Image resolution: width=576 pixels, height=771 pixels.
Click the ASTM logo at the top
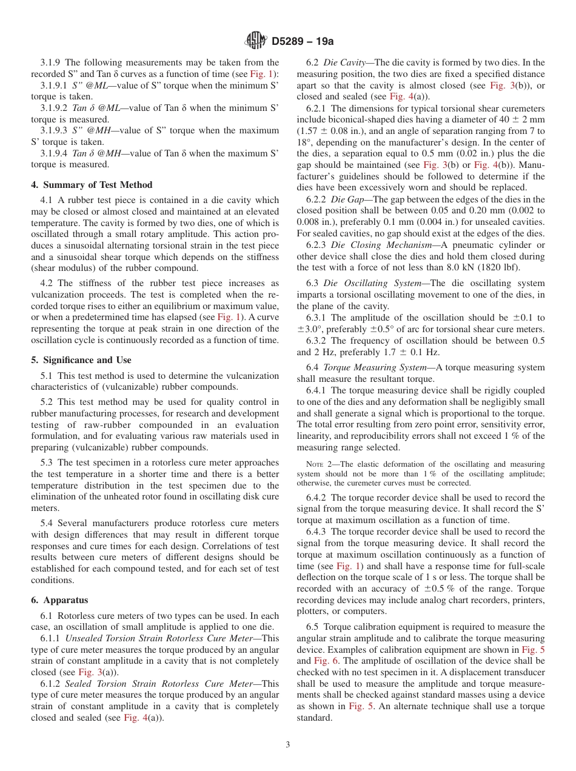pyautogui.click(x=255, y=41)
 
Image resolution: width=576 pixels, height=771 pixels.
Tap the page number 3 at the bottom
pyautogui.click(x=288, y=745)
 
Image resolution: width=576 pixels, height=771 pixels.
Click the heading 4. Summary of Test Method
pyautogui.click(x=92, y=185)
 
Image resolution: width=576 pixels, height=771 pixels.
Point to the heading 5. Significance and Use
pyautogui.click(x=81, y=360)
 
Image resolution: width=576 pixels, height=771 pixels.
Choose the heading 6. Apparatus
pyautogui.click(x=60, y=600)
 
